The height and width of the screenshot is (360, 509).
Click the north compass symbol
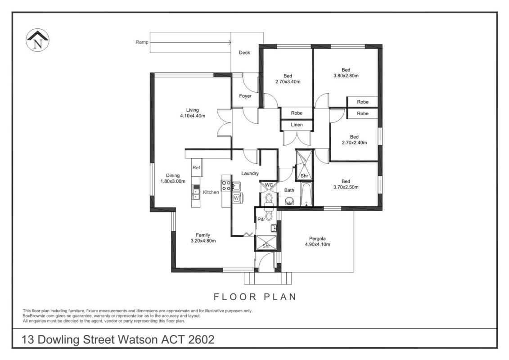(37, 40)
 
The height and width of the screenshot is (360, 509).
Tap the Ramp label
(142, 42)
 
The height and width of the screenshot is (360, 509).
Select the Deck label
(244, 53)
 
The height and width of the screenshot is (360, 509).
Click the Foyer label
(245, 96)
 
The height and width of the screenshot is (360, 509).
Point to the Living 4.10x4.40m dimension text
(193, 116)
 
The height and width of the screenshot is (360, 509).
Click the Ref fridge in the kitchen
(196, 167)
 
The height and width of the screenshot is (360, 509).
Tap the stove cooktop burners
(226, 185)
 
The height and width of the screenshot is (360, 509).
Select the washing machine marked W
(236, 198)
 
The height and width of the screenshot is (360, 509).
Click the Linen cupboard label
(297, 125)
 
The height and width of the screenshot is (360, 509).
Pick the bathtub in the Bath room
(306, 194)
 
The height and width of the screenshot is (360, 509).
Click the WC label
(269, 185)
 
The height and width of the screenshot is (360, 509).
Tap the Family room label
(203, 235)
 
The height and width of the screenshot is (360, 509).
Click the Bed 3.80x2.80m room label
(346, 73)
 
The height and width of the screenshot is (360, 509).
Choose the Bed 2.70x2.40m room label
(355, 140)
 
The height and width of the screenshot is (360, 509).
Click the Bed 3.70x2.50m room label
(346, 184)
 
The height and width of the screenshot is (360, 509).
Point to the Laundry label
(250, 174)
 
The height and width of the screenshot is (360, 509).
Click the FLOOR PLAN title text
(255, 297)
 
